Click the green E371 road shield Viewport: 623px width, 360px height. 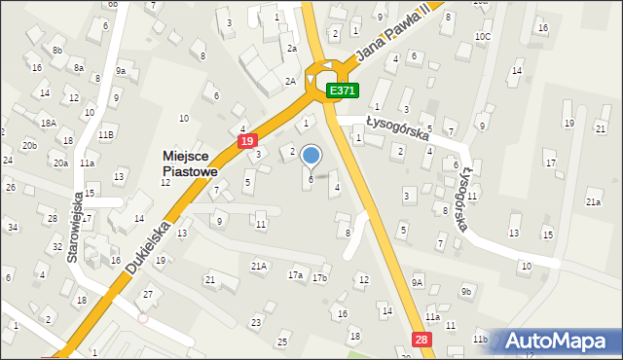click(343, 90)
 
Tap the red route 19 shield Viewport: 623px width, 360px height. click(247, 141)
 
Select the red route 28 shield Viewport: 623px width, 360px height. click(420, 338)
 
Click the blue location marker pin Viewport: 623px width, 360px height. click(311, 157)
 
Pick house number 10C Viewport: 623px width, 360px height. click(483, 36)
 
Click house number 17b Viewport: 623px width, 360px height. click(318, 278)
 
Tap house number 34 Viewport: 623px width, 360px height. click(13, 228)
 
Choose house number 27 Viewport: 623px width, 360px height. click(148, 294)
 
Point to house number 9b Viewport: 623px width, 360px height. click(466, 292)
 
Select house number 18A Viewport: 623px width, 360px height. click(48, 123)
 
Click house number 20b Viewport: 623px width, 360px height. click(30, 146)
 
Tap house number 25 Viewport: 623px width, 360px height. click(282, 342)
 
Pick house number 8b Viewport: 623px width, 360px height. click(57, 50)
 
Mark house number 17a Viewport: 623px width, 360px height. click(295, 275)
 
